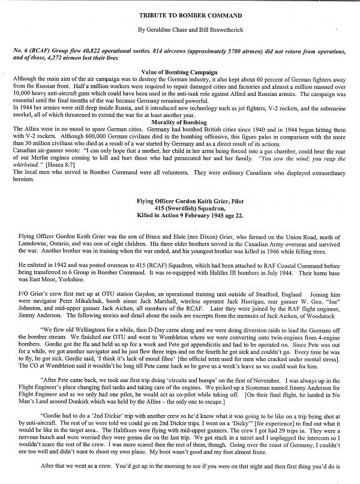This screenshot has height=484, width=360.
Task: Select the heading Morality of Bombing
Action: point(179,123)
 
